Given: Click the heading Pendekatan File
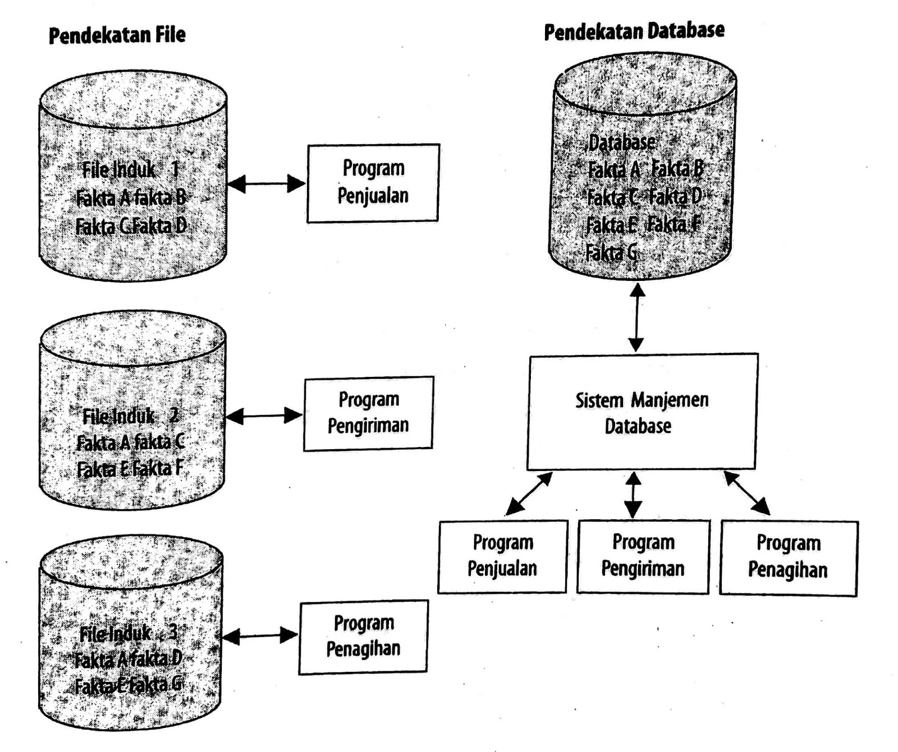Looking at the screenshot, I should coord(117,35).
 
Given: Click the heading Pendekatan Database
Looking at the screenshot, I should coord(634,31).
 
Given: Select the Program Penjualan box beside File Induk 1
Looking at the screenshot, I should coord(373,182).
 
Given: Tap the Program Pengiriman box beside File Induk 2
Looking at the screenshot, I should coord(368,413).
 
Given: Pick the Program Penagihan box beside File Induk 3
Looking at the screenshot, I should coord(363,636).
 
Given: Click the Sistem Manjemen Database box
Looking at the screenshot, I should coord(642,412).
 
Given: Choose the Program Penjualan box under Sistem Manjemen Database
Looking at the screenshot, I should coord(502,556).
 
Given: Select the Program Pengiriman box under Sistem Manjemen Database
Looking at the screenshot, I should coord(643,556).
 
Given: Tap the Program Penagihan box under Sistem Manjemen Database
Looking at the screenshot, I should coord(788,557).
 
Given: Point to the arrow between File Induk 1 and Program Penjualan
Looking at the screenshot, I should coord(266,183).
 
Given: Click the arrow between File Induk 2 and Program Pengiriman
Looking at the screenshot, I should coord(264,416).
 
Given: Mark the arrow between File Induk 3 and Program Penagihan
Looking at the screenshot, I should coord(260,636).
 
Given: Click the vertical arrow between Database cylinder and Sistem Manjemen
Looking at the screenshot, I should coord(636,317).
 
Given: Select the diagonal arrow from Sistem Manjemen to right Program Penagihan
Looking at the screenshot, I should coord(746,493).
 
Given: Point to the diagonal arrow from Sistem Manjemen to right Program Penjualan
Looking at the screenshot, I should coord(529,493).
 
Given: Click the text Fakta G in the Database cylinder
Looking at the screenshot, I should coord(611,253).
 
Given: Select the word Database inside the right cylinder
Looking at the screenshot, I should coord(622,143).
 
